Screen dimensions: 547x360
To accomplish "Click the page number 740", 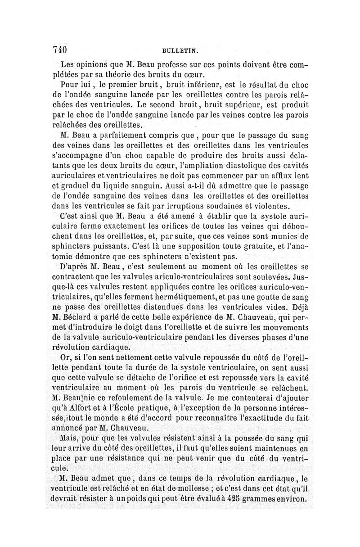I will [x=60, y=48].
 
